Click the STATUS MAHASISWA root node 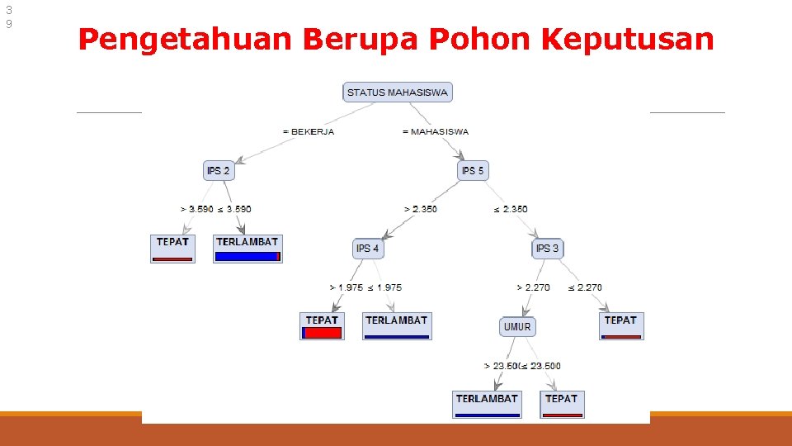pos(397,93)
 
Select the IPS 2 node pos(219,171)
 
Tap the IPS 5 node pos(473,171)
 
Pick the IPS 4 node pos(368,248)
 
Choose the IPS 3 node pos(547,248)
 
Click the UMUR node pos(517,326)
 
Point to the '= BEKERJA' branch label pos(308,131)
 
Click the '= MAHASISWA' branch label pos(435,131)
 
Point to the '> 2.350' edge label pos(420,209)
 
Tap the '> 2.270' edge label pos(533,287)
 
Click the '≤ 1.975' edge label pos(384,287)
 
